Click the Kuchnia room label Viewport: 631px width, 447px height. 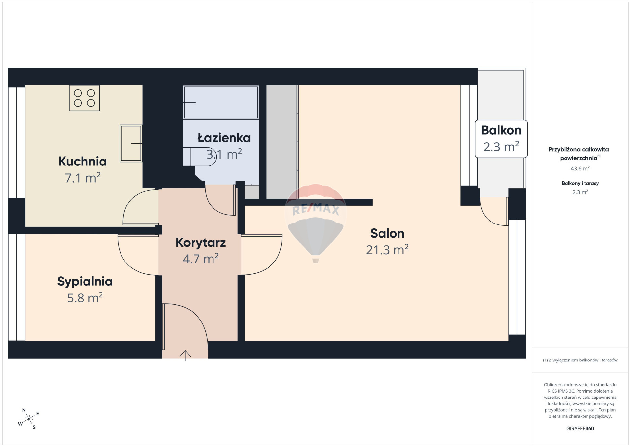tap(83, 161)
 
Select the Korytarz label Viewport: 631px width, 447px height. tap(201, 243)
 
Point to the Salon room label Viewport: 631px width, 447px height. tap(387, 233)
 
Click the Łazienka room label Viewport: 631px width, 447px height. tap(224, 138)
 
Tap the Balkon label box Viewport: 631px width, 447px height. tap(501, 139)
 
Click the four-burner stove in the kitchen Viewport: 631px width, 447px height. tap(84, 98)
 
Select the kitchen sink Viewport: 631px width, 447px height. tap(131, 143)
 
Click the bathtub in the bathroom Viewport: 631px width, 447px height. tap(221, 102)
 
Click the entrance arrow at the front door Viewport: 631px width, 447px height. tap(185, 356)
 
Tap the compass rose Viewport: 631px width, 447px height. tap(29, 418)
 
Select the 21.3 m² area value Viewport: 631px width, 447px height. tap(387, 250)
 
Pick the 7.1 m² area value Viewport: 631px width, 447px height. tap(83, 178)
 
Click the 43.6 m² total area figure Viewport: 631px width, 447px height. tap(580, 168)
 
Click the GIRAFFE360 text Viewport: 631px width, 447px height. tap(580, 428)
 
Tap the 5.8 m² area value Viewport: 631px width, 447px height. tap(85, 298)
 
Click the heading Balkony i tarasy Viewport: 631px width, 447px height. tap(580, 183)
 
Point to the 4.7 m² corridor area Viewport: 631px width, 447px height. tap(201, 259)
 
